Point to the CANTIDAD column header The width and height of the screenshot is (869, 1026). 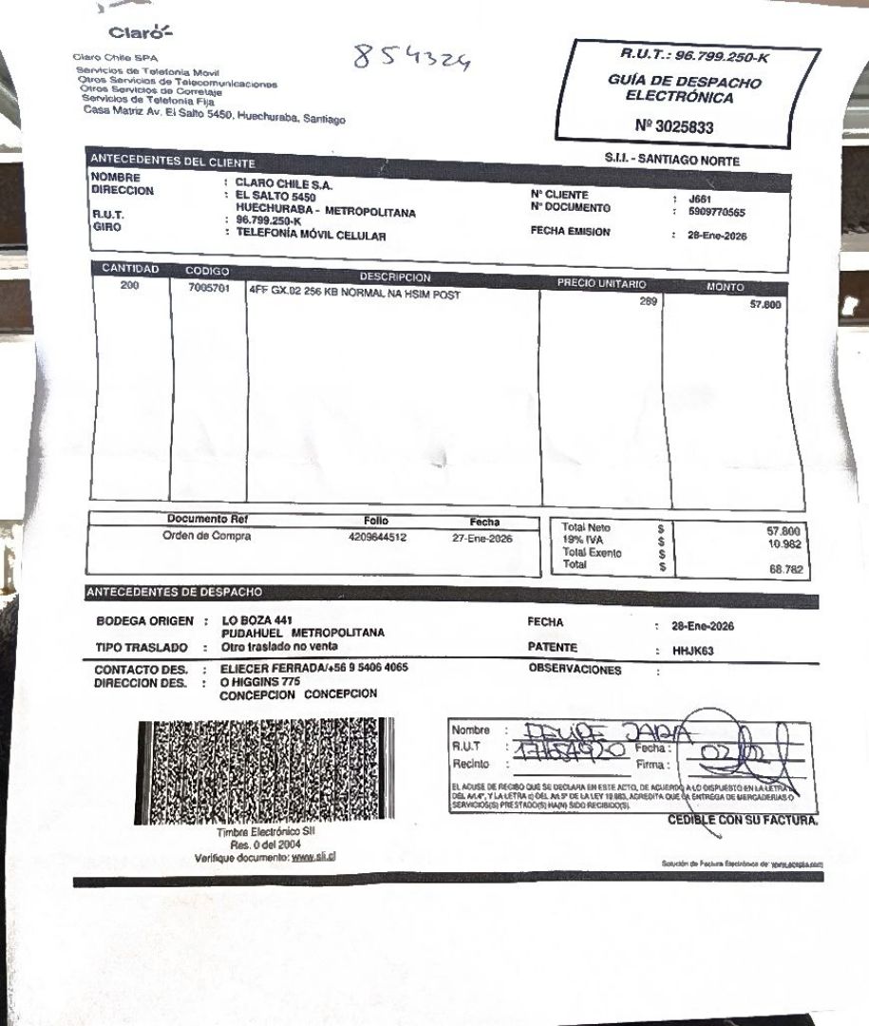tap(130, 269)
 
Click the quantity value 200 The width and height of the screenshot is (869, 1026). tap(130, 284)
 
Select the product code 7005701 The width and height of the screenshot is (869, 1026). tap(210, 289)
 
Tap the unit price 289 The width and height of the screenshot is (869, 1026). tap(648, 301)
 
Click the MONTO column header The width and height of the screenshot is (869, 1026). tap(726, 287)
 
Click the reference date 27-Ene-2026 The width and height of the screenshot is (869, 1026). tap(482, 539)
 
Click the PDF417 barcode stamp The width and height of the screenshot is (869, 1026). tap(267, 770)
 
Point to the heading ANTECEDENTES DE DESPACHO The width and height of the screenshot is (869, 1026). tap(175, 592)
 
